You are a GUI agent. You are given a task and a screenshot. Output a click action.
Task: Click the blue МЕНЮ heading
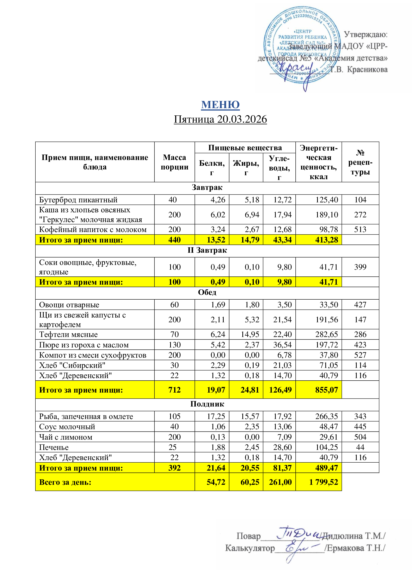[x=220, y=105]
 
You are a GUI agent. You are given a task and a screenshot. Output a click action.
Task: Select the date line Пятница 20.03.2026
[x=220, y=119]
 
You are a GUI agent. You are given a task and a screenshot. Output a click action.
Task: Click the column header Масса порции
[x=174, y=162]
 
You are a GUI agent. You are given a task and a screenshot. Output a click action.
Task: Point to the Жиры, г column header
[x=246, y=167]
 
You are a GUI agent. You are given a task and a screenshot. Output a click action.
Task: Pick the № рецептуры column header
[x=360, y=162]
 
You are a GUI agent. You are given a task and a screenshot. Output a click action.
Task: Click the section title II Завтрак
[x=207, y=250]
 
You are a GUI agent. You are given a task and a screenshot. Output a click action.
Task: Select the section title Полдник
[x=207, y=404]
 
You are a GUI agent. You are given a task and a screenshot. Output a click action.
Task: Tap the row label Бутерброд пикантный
[x=78, y=200]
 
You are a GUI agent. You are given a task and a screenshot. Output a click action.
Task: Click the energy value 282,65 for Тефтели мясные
[x=327, y=334]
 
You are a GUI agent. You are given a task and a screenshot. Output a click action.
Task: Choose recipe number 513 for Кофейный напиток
[x=360, y=230]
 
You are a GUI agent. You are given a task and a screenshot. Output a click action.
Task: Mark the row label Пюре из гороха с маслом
[x=84, y=345]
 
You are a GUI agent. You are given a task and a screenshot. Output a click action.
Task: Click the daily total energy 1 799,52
[x=324, y=482]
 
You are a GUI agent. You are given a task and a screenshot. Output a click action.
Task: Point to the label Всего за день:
[x=65, y=482]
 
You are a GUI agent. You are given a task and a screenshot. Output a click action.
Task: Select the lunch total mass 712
[x=174, y=390]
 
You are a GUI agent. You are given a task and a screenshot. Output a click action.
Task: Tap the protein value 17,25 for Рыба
[x=216, y=416]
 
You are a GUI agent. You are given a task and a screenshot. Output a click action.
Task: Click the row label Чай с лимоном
[x=66, y=437]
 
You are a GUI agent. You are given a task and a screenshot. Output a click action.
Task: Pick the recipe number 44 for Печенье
[x=360, y=447]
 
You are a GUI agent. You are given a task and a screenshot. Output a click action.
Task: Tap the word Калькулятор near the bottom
[x=250, y=548]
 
